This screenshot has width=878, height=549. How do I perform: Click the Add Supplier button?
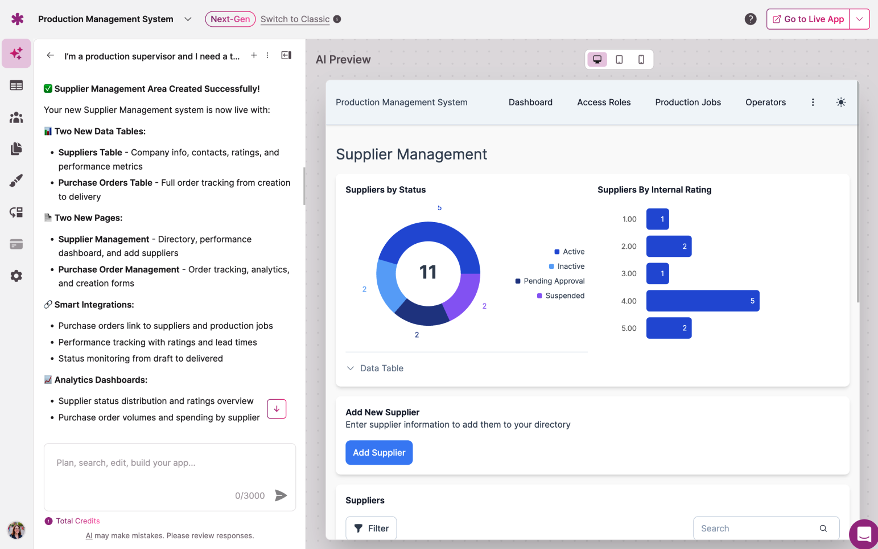click(379, 453)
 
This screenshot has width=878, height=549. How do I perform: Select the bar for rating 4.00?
click(702, 301)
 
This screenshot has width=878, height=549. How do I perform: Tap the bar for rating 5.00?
click(669, 328)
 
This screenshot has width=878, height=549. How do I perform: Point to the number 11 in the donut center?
click(428, 272)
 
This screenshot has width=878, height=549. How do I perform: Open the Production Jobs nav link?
click(688, 103)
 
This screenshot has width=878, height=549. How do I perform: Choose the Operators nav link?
click(765, 103)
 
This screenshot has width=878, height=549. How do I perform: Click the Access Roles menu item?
click(604, 103)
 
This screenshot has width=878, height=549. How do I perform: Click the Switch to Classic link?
click(295, 19)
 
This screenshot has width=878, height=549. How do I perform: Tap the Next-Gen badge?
click(230, 19)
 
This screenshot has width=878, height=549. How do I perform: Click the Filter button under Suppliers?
click(371, 528)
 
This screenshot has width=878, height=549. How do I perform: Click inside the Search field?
click(757, 528)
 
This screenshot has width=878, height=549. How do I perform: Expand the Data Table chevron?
click(351, 368)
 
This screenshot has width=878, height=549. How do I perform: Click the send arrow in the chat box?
click(281, 495)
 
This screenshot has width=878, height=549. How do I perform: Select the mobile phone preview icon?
click(641, 59)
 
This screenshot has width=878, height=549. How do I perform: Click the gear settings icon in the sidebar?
click(17, 276)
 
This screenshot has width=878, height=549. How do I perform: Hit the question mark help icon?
click(751, 19)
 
